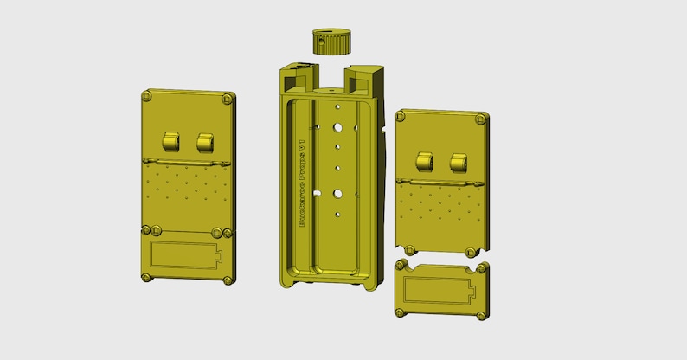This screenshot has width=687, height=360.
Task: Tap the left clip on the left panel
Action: coord(170,141)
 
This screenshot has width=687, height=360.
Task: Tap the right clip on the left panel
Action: coord(205,141)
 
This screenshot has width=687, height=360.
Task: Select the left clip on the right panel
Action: coord(424,161)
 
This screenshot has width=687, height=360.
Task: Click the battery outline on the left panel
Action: coord(185,256)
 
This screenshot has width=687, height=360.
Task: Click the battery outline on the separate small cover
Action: coord(440,291)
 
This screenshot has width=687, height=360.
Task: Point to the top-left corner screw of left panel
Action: coord(148,93)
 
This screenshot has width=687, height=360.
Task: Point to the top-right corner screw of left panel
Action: coord(227,99)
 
